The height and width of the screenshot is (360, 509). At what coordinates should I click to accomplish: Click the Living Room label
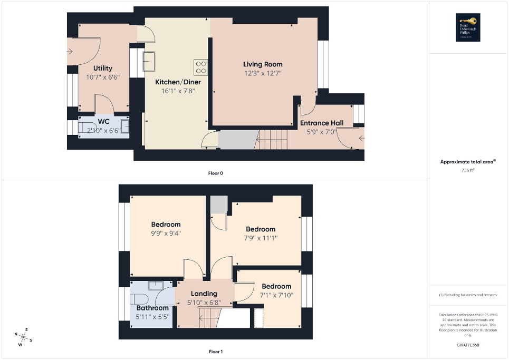point(263,64)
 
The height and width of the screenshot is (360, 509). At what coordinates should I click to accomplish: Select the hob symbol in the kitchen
point(200,67)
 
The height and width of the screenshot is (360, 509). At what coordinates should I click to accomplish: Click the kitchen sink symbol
point(148,61)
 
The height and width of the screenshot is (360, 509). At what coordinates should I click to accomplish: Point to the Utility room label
point(102,68)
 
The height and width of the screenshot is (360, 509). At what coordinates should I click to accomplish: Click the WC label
point(103,122)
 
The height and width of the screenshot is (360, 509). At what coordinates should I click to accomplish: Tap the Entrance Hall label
point(321,123)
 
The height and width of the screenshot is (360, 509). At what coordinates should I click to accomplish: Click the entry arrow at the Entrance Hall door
point(361,139)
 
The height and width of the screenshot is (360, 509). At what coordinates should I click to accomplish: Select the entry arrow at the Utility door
point(70,51)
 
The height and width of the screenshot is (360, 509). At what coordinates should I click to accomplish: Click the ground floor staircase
point(272,140)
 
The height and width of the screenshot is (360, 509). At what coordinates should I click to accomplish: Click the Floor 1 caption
point(216,351)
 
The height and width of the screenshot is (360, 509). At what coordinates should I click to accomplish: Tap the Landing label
point(204,294)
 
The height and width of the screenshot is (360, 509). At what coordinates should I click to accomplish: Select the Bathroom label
point(152,308)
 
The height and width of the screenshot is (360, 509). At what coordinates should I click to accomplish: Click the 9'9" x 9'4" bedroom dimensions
point(166,233)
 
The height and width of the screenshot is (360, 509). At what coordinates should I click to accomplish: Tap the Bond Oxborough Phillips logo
point(466,27)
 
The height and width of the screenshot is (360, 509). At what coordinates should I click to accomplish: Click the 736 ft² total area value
point(468,170)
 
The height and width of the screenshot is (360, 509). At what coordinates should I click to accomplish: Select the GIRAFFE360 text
point(468,345)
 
